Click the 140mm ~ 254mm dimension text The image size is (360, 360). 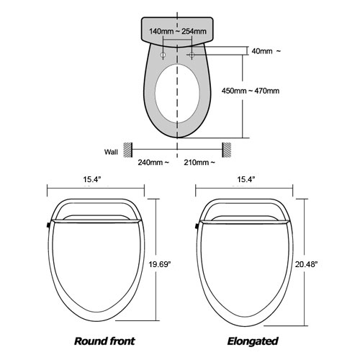(x=177, y=31)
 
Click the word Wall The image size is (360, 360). (x=110, y=152)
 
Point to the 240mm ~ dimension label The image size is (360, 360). (x=153, y=163)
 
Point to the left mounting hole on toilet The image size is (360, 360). (x=163, y=55)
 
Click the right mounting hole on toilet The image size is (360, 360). (x=191, y=55)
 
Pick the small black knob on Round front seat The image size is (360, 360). (x=46, y=225)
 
